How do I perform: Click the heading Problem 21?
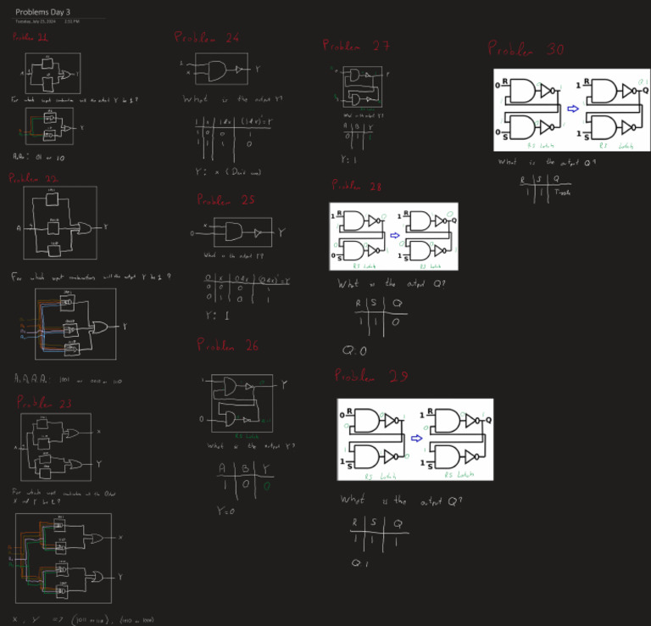coord(31,37)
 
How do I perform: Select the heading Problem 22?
coord(34,179)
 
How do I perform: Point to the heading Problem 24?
coord(207,38)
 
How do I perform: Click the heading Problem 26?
coord(227,344)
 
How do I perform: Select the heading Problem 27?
coord(356,46)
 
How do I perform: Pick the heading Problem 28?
coord(357,186)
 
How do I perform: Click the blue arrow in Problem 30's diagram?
coord(573,109)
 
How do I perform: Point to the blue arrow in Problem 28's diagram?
coord(394,235)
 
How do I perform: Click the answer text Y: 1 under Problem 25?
coord(218,316)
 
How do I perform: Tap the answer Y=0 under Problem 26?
coord(225,511)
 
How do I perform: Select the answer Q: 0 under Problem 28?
coord(354,350)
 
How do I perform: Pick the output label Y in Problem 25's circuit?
coord(281,232)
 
